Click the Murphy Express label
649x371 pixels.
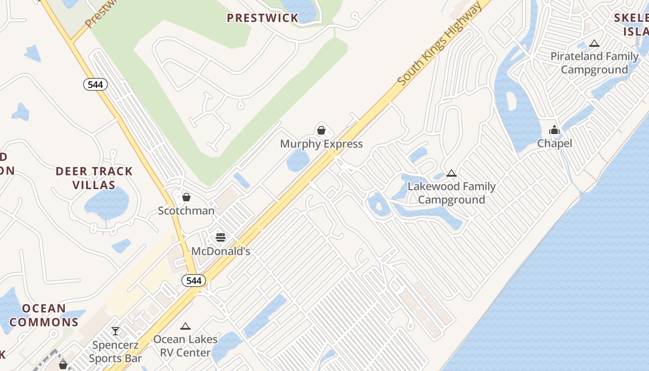321,144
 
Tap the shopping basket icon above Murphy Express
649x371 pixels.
321,130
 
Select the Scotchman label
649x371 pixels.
186,211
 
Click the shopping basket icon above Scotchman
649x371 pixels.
186,197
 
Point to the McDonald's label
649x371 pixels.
221,251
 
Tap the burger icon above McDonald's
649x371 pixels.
221,238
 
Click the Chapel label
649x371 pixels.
554,143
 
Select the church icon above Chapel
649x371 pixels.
554,130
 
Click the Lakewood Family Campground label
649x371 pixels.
452,193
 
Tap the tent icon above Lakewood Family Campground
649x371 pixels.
452,173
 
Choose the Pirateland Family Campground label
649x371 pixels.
594,63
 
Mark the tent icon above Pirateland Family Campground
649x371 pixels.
594,44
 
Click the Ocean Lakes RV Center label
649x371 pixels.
185,345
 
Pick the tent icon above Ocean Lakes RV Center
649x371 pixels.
185,326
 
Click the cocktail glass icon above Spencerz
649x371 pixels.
115,331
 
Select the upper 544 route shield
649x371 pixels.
95,84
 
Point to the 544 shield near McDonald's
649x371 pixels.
194,281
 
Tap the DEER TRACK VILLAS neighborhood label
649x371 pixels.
94,178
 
